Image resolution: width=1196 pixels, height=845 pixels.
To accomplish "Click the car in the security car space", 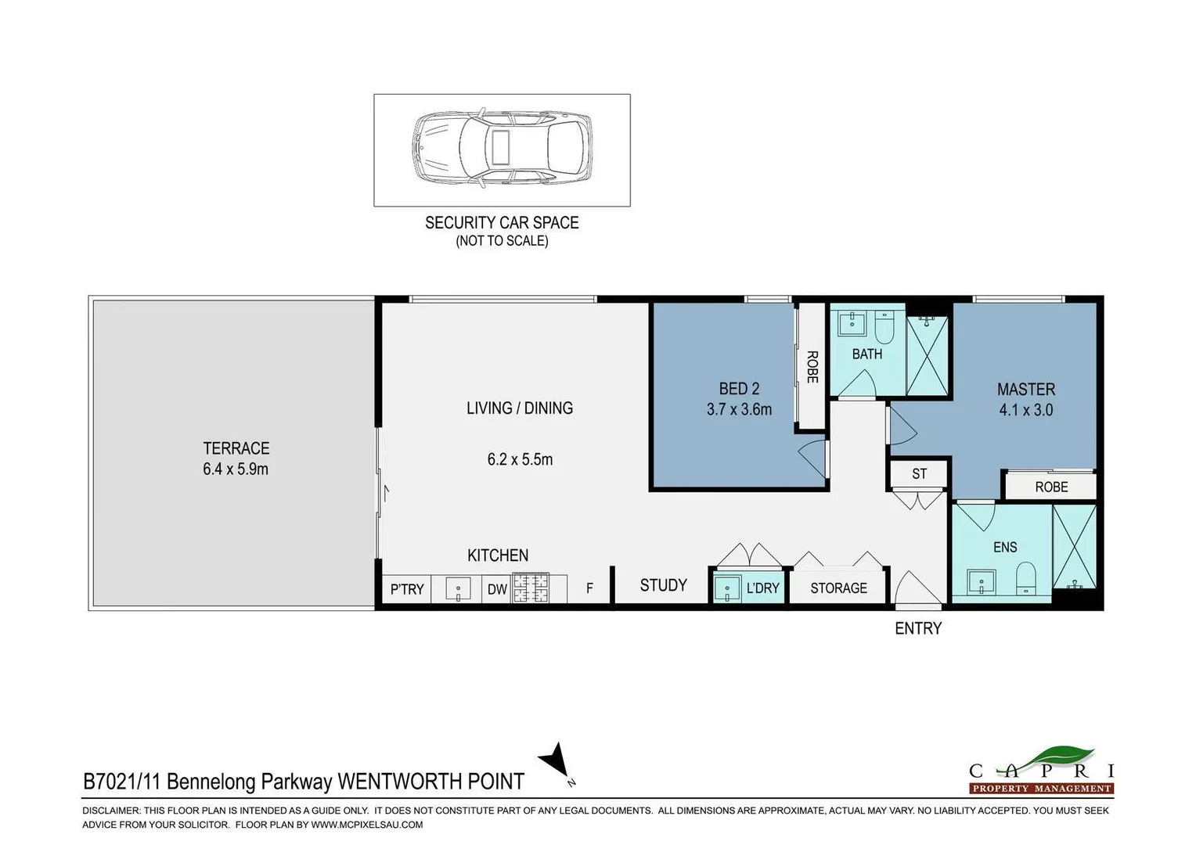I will pyautogui.click(x=502, y=149).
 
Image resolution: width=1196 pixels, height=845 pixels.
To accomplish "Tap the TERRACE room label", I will pyautogui.click(x=236, y=448).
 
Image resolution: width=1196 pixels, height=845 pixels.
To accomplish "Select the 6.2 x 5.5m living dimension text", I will pyautogui.click(x=520, y=459).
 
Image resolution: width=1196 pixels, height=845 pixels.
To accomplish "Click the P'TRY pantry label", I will pyautogui.click(x=406, y=589).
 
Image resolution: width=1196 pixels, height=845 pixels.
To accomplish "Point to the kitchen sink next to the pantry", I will pyautogui.click(x=458, y=589).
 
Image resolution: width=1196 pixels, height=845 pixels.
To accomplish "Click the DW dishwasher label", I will pyautogui.click(x=497, y=589).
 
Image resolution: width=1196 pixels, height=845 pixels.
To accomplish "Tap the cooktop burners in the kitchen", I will pyautogui.click(x=531, y=588).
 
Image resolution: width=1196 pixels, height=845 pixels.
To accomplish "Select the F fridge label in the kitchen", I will pyautogui.click(x=589, y=588).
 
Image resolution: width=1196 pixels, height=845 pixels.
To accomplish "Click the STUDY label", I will pyautogui.click(x=663, y=585).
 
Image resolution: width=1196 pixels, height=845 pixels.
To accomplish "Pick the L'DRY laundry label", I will pyautogui.click(x=762, y=588).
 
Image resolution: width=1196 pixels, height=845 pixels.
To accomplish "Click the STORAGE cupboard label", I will pyautogui.click(x=838, y=588).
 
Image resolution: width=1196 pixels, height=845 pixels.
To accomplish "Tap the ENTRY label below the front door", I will pyautogui.click(x=918, y=628).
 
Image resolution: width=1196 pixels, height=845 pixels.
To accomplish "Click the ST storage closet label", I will pyautogui.click(x=919, y=473).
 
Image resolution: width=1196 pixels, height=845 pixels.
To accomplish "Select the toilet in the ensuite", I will pyautogui.click(x=1025, y=581).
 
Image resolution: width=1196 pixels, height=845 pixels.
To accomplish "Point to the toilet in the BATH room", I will pyautogui.click(x=884, y=329).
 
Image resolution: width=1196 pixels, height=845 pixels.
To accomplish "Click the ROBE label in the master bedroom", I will pyautogui.click(x=1051, y=487).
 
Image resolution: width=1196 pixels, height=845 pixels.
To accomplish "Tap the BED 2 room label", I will pyautogui.click(x=739, y=389).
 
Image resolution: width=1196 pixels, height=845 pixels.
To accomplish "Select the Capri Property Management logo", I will pyautogui.click(x=1041, y=771).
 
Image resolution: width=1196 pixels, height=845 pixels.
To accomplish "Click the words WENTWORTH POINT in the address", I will pyautogui.click(x=430, y=781).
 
